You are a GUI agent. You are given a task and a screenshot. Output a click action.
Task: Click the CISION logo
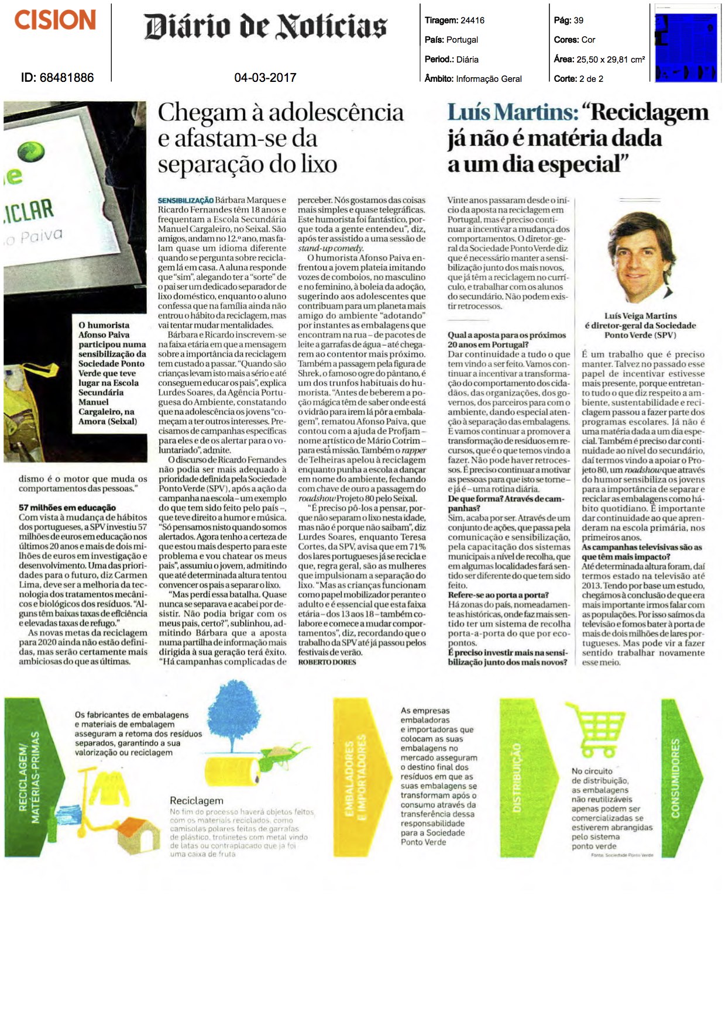(55, 20)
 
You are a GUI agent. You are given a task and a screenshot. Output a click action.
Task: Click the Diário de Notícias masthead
(266, 26)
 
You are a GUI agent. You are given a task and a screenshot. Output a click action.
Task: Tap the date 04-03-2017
(265, 77)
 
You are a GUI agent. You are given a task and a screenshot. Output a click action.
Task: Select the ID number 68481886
(57, 77)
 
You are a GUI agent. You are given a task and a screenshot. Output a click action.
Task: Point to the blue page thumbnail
(686, 43)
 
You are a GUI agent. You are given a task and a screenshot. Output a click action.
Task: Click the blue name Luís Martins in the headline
(513, 112)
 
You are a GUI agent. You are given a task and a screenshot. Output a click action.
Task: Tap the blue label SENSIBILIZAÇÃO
(185, 201)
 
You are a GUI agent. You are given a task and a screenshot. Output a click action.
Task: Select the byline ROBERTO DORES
(327, 662)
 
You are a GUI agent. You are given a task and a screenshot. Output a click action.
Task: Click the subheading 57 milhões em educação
(67, 508)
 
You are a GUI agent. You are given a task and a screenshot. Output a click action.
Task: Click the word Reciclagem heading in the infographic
(197, 800)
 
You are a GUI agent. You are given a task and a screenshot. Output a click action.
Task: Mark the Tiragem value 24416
(472, 20)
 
